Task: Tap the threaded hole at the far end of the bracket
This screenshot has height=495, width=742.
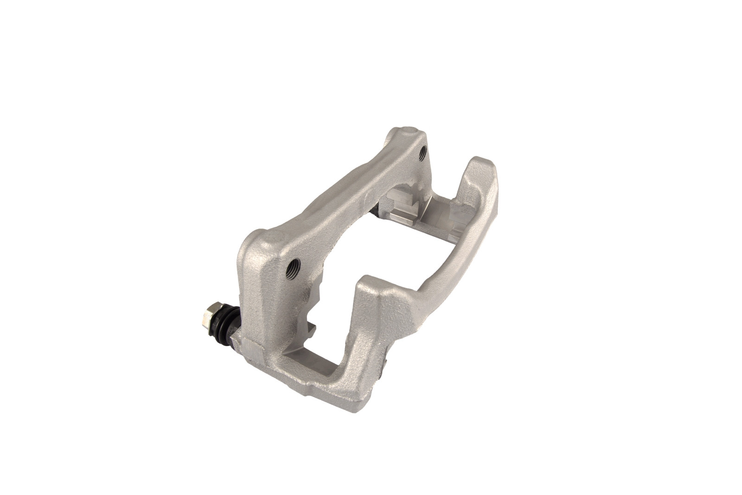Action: (x=422, y=152)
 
